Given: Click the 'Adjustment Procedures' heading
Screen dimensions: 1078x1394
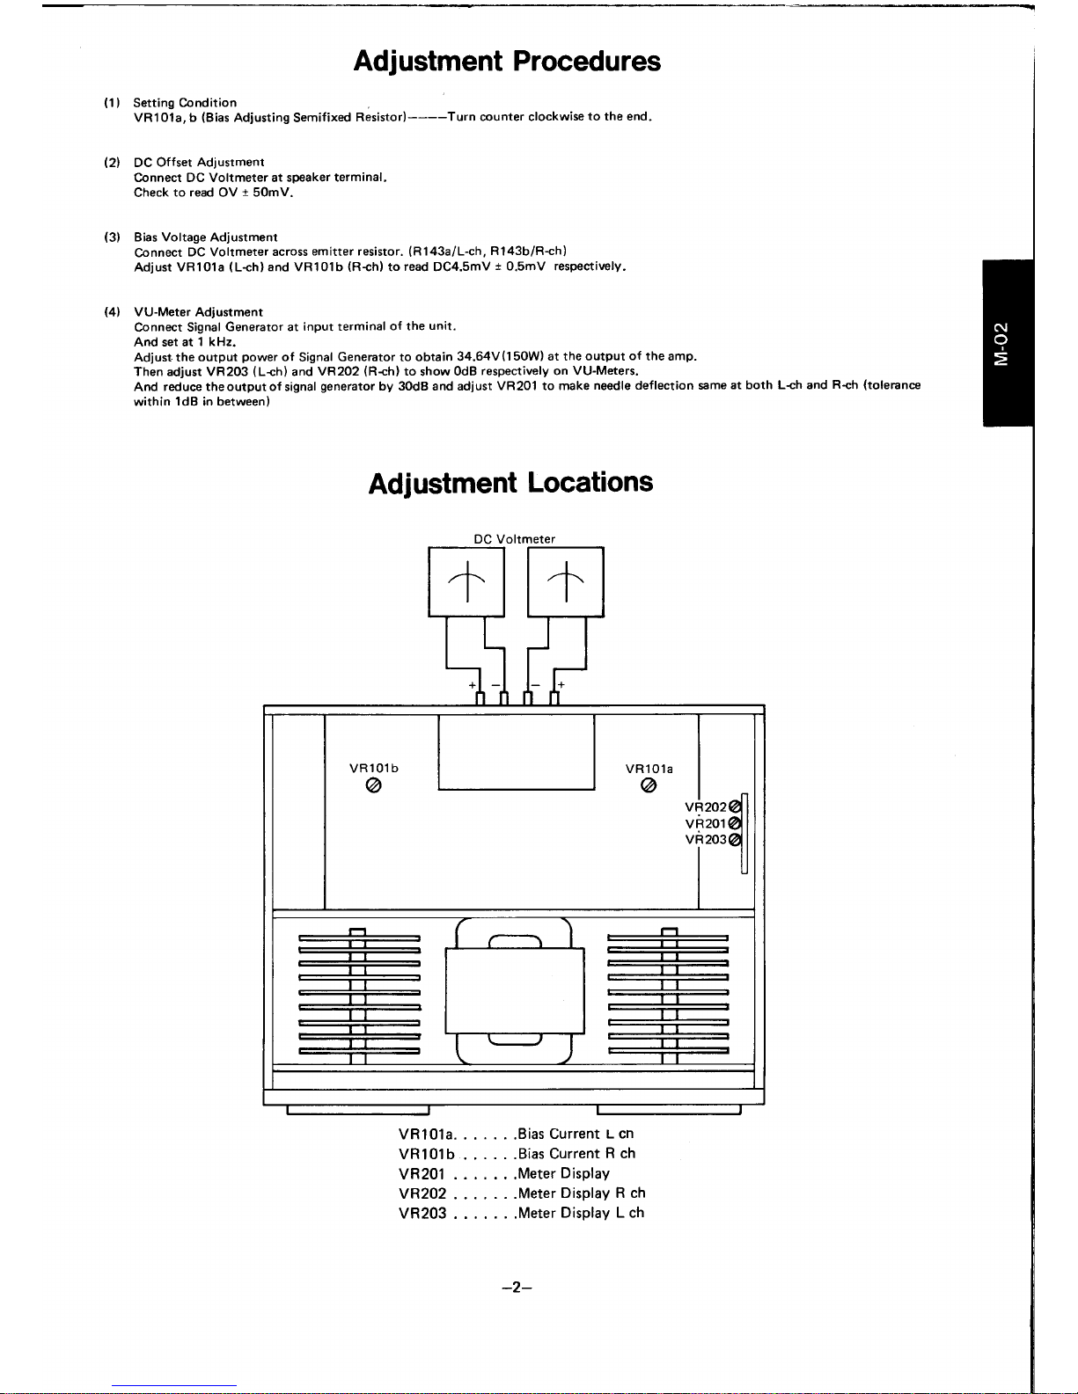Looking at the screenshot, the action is click(507, 62).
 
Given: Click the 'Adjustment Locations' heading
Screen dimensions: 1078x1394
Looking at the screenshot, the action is click(510, 483).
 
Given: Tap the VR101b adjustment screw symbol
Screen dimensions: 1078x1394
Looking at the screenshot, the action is click(373, 785).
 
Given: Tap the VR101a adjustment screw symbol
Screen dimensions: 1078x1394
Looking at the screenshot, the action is click(649, 785).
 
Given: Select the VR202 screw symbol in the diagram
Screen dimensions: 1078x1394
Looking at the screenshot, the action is click(736, 806).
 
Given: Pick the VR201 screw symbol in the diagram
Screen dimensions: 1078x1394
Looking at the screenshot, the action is click(736, 823).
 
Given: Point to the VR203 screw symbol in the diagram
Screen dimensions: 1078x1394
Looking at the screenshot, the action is click(736, 839).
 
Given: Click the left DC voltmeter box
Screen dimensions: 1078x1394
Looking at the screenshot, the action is click(466, 582).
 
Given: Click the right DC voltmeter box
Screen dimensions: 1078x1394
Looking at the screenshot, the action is click(566, 582).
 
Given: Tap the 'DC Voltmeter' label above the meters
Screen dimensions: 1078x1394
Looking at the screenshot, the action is click(515, 539).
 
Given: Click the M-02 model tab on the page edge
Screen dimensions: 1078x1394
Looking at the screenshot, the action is click(1008, 343).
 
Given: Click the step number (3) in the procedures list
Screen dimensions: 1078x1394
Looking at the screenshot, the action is click(113, 237).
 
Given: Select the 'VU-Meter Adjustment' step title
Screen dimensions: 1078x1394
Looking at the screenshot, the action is click(198, 311).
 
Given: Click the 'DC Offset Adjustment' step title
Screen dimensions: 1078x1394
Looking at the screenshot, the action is click(199, 163).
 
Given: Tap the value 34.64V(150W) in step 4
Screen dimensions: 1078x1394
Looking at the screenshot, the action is click(501, 356).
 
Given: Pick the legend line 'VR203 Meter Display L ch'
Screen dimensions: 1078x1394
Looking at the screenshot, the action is click(521, 1213).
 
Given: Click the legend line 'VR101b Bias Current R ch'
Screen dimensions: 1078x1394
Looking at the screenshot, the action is click(517, 1154).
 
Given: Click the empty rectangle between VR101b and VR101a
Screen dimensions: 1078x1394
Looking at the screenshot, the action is click(517, 752).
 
